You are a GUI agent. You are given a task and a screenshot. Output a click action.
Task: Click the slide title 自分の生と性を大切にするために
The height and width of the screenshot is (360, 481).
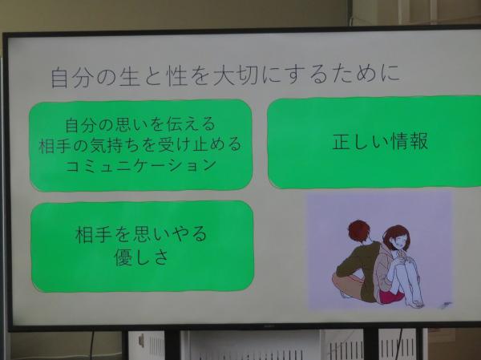click(225, 76)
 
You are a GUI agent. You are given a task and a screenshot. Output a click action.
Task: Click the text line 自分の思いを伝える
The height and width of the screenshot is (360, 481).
click(140, 124)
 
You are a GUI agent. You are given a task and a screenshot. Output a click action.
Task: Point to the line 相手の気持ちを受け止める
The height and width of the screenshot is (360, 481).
click(140, 144)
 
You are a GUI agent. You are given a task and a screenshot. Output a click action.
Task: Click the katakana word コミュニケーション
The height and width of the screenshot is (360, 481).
click(141, 164)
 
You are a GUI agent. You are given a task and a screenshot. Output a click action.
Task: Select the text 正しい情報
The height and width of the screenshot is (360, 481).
click(380, 141)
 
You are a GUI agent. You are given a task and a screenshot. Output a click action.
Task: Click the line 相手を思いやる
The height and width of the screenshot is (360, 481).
click(141, 234)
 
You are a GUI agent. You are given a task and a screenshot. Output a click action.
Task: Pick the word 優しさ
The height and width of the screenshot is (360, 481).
click(141, 257)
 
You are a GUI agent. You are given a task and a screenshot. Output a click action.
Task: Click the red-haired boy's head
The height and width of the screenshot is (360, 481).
click(359, 233)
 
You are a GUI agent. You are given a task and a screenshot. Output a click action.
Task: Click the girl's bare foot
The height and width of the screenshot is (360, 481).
click(415, 302)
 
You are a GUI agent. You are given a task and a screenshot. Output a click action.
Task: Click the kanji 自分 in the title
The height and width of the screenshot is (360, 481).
click(71, 78)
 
